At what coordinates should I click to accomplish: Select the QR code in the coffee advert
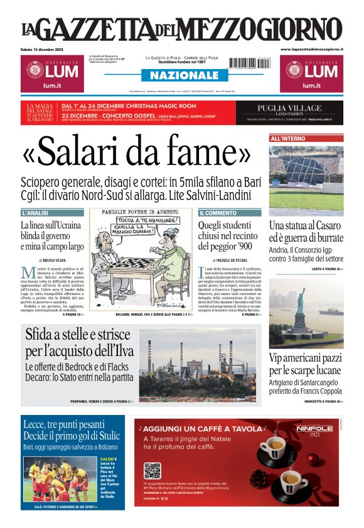(x=153, y=471)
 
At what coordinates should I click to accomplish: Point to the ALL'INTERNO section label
(x=288, y=137)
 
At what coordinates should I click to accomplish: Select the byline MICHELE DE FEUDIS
(x=235, y=259)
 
